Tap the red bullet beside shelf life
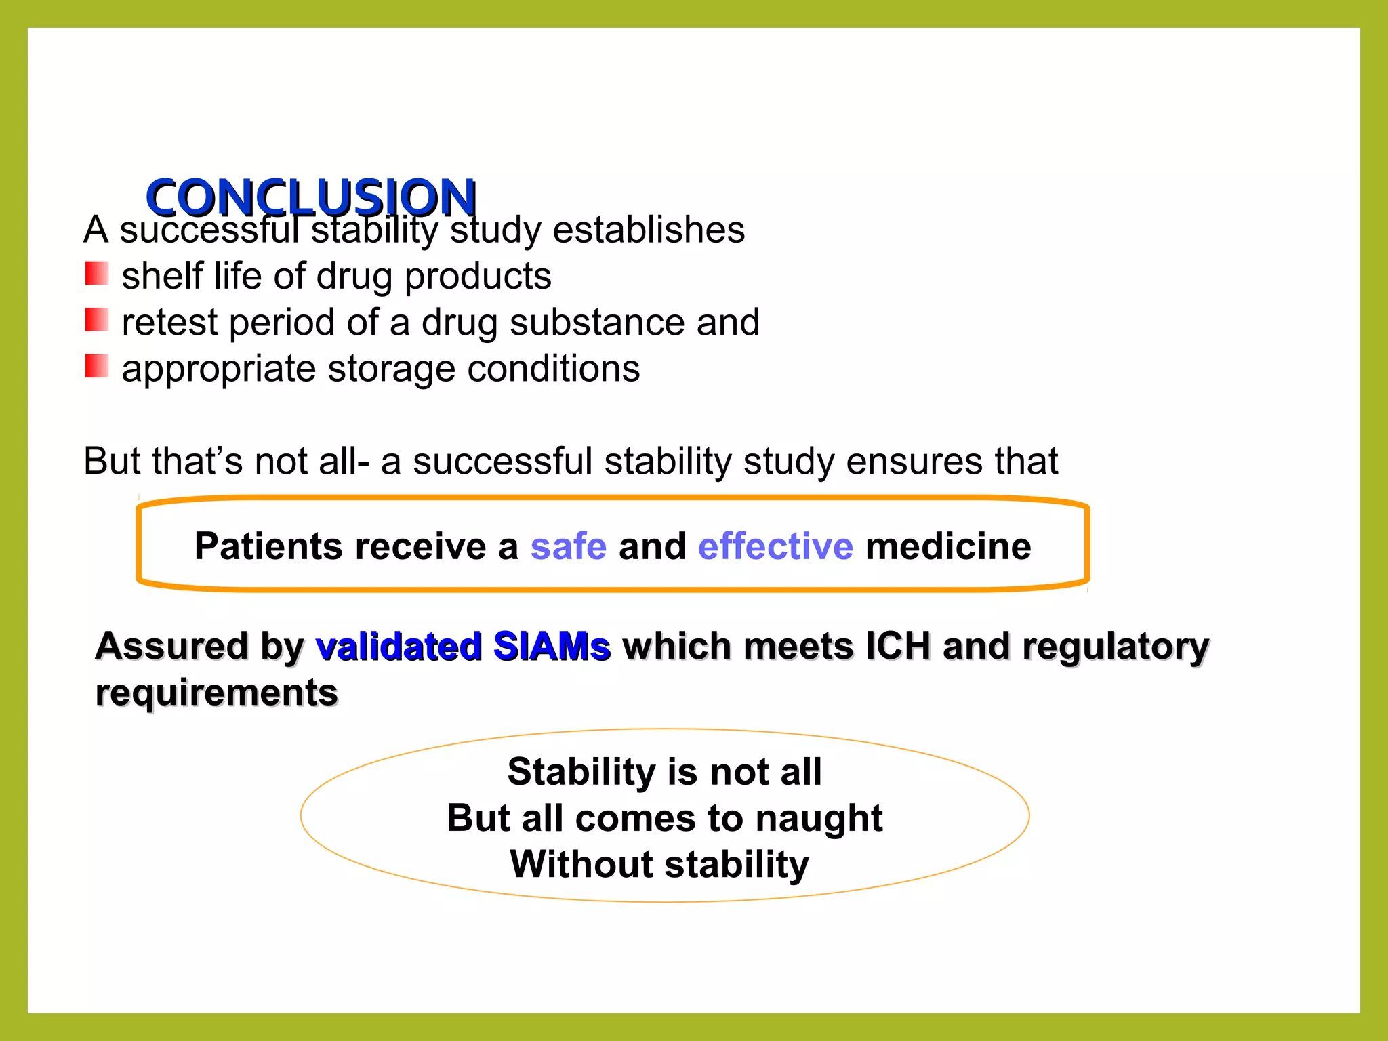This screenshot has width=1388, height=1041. pos(96,274)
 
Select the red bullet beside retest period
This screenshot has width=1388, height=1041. pos(96,321)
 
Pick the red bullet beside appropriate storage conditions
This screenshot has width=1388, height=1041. pos(96,367)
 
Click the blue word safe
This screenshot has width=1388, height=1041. pos(568,546)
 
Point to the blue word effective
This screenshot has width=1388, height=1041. pos(775,546)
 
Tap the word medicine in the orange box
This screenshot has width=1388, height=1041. pos(948,546)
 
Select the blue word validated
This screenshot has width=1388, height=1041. pos(399,647)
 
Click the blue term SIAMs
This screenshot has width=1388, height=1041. pos(552,647)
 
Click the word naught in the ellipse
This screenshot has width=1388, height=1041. pos(819,818)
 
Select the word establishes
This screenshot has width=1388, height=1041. pos(649,230)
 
